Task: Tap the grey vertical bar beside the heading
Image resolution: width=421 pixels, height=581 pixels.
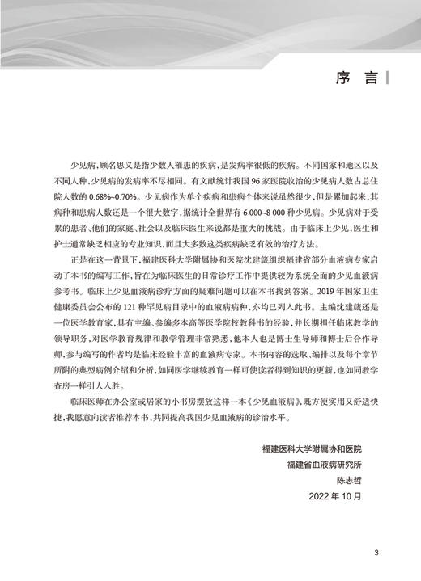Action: click(x=387, y=79)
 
